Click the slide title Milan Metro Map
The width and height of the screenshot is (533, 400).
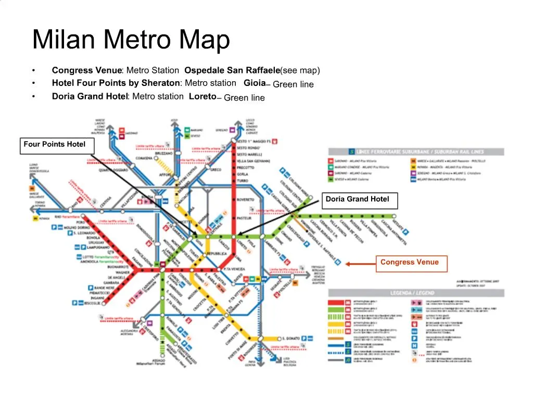pos(131,40)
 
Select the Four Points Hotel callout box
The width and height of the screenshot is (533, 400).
pos(54,145)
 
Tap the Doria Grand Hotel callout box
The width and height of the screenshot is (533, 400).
pos(358,199)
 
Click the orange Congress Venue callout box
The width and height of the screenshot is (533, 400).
pos(410,263)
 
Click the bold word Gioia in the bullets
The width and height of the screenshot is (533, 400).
pos(255,83)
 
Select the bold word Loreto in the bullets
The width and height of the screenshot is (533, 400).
pos(202,96)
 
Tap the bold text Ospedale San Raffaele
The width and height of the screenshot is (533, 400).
pos(232,70)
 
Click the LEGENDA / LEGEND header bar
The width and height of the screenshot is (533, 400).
pos(415,293)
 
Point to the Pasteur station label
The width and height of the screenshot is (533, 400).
pos(244,218)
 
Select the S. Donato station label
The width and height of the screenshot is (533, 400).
pos(291,337)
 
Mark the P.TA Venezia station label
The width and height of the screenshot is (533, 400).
pos(234,269)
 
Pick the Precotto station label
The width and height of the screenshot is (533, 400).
pos(246,168)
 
